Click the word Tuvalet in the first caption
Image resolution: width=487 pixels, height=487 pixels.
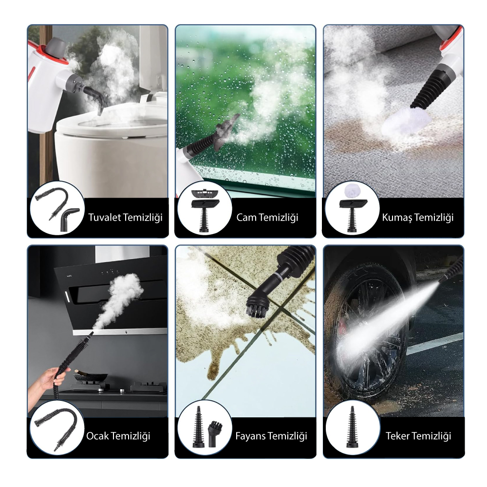[x=104, y=217]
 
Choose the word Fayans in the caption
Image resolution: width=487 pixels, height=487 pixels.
[x=249, y=436]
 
